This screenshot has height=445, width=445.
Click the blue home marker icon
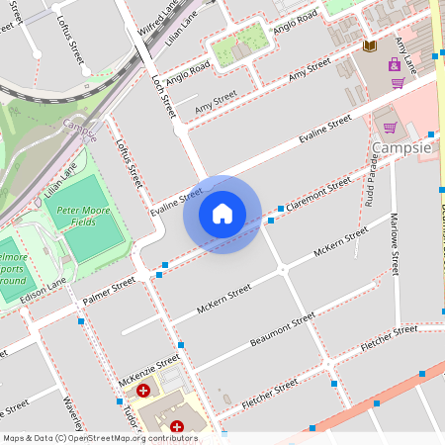[x=222, y=213]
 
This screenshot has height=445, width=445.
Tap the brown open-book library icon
[x=370, y=46]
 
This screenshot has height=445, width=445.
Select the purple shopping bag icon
[x=395, y=64]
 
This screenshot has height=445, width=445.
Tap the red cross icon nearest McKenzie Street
[x=143, y=392]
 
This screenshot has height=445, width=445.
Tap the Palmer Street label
[x=109, y=289]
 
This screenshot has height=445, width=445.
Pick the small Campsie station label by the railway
[x=79, y=128]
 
